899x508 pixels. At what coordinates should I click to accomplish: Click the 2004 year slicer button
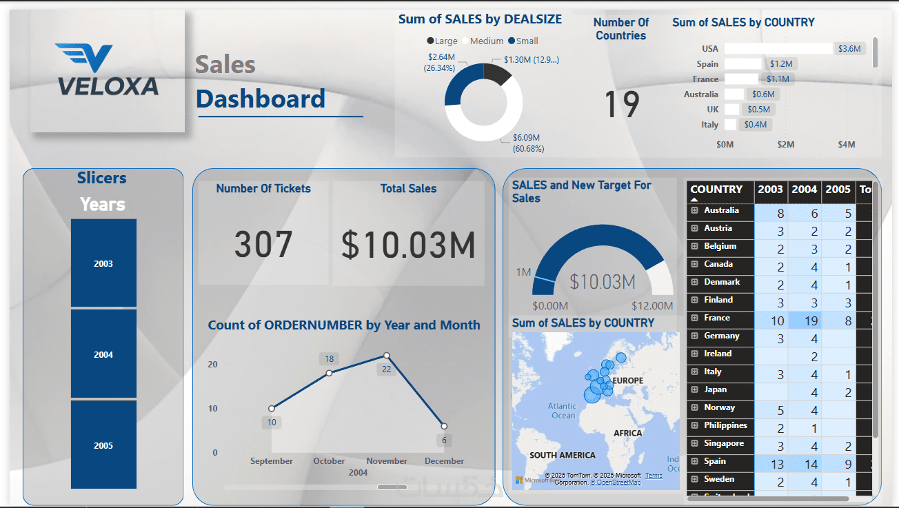click(x=103, y=354)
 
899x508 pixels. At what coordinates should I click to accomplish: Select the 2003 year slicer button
click(x=103, y=263)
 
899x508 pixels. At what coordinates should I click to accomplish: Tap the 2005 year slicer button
click(x=103, y=445)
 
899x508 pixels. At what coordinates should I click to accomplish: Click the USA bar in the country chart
click(x=778, y=48)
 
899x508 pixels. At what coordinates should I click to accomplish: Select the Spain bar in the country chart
click(x=743, y=63)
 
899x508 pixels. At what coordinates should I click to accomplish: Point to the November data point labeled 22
click(x=387, y=356)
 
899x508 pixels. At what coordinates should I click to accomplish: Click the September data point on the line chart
click(x=272, y=408)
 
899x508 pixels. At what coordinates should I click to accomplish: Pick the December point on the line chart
click(x=444, y=426)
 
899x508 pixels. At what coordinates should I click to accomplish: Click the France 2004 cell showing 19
click(x=805, y=320)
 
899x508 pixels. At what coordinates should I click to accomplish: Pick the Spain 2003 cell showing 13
click(x=771, y=463)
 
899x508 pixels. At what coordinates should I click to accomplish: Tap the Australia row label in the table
click(x=720, y=210)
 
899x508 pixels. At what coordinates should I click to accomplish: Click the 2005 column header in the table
click(x=838, y=190)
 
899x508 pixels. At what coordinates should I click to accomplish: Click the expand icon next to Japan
click(x=694, y=389)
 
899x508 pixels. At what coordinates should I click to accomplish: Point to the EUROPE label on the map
click(x=627, y=380)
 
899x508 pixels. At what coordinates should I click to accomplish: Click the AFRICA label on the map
click(x=627, y=433)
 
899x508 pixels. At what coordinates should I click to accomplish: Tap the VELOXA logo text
click(x=108, y=85)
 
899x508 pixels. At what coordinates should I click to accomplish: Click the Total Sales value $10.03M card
click(x=408, y=245)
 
